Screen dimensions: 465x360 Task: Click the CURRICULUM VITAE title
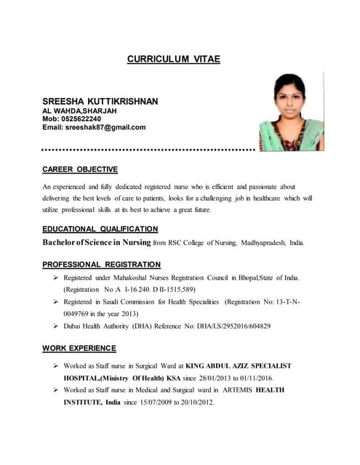(x=174, y=59)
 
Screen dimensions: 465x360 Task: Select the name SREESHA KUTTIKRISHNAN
(x=100, y=100)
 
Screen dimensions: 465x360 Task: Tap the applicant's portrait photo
(x=291, y=113)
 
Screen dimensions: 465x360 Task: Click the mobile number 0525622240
(x=81, y=118)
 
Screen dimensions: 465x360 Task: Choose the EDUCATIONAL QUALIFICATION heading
(x=100, y=229)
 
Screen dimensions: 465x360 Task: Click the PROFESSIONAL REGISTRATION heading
(x=101, y=264)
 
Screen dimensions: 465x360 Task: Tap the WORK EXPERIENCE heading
(x=79, y=348)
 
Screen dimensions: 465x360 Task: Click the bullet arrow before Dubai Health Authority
(x=55, y=326)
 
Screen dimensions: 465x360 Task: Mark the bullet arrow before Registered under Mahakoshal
(x=55, y=278)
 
